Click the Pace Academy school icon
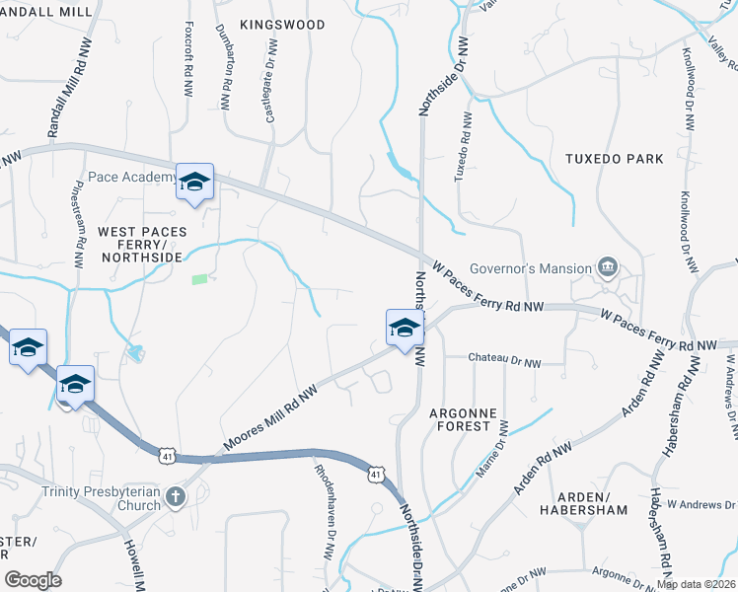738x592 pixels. pos(195,183)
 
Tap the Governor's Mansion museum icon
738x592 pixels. pos(608,267)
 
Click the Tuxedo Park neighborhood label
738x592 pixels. pos(615,158)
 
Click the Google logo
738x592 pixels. pos(33,580)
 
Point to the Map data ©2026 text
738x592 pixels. pos(696,584)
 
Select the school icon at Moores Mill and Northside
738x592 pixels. pos(404,330)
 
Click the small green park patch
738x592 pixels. pos(200,279)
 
